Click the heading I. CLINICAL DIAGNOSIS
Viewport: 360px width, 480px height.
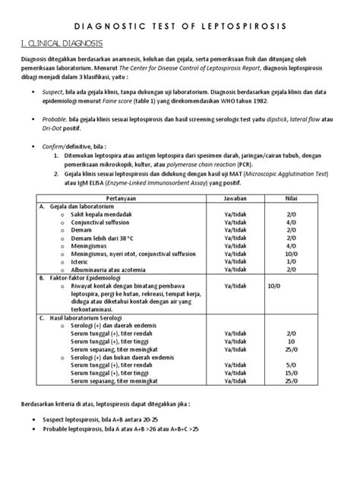click(x=63, y=43)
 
